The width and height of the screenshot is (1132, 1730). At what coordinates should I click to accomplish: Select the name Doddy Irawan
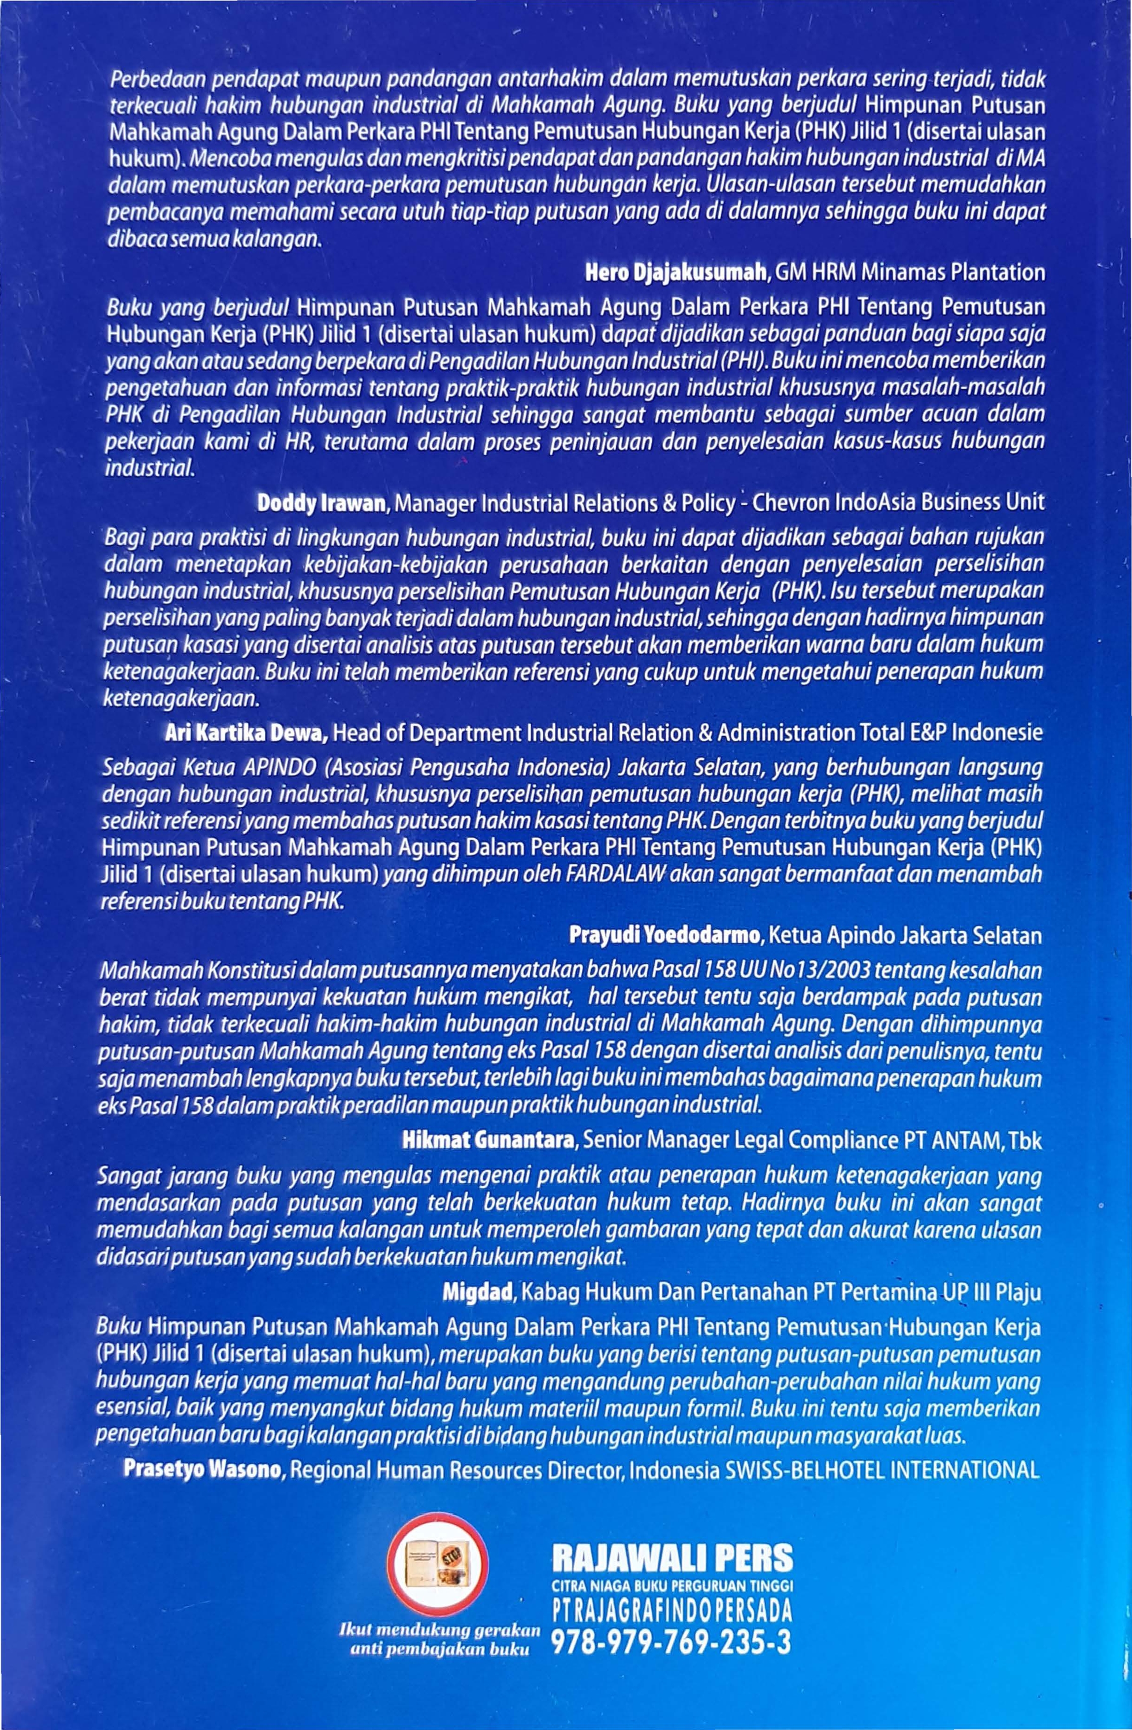[x=320, y=503]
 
